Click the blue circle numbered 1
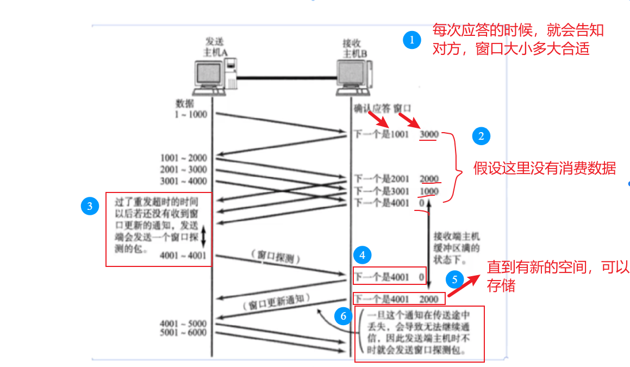411,40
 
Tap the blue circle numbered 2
481,136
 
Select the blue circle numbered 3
89,206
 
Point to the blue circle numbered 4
362,254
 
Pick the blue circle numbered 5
455,279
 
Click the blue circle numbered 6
342,315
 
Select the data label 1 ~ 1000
190,114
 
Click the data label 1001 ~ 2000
184,158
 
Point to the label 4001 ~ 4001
184,255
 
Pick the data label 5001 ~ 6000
184,332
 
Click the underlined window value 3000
429,134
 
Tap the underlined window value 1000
429,191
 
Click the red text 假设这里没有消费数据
544,169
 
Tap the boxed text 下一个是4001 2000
398,298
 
